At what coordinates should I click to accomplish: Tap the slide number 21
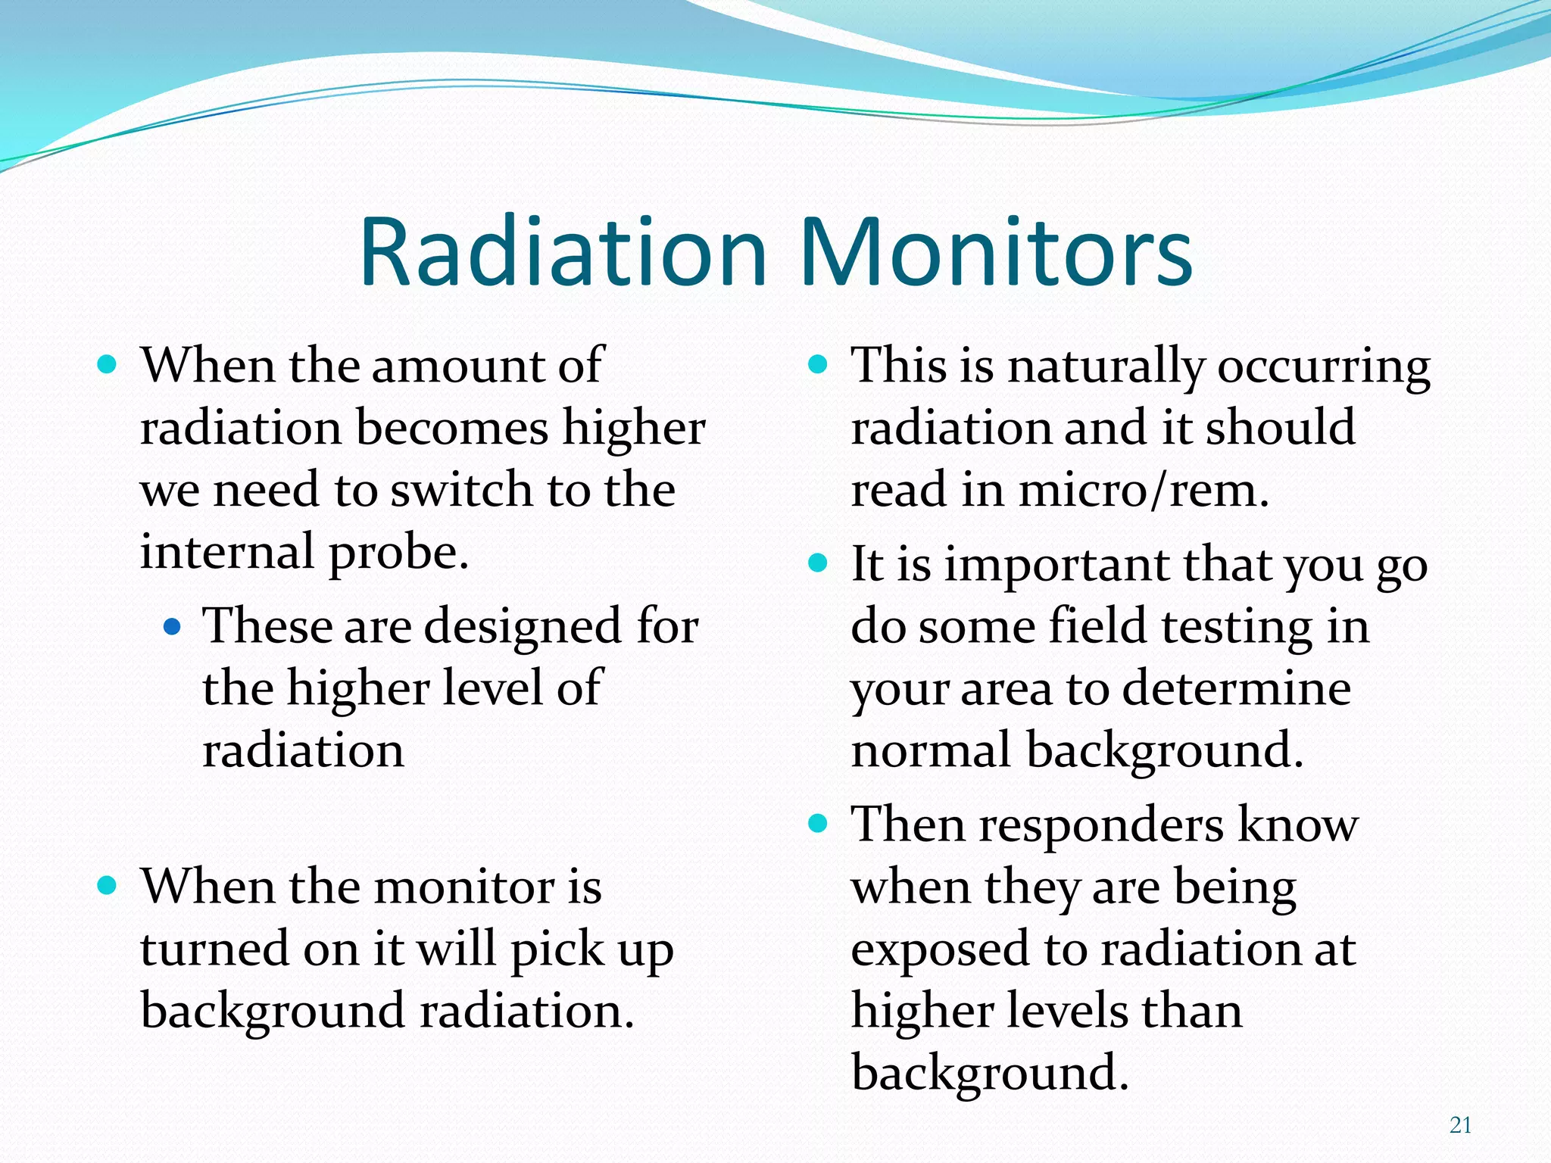pos(1460,1125)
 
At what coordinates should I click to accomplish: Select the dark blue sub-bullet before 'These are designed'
pos(173,627)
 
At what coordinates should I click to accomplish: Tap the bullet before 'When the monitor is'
pos(108,885)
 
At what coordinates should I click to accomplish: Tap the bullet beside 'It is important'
pos(817,563)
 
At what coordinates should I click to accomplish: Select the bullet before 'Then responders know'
pos(817,823)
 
